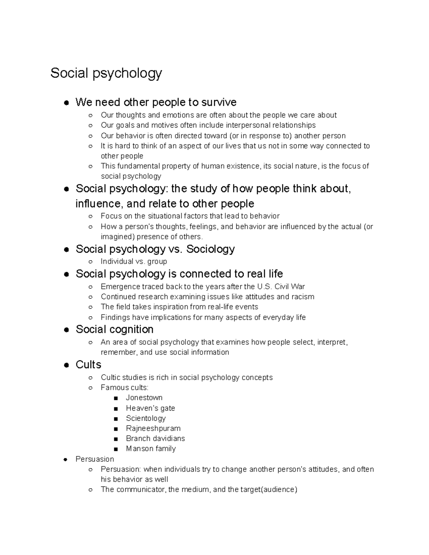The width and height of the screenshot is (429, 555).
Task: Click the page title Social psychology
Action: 106,73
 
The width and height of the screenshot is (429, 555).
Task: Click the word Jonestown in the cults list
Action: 144,398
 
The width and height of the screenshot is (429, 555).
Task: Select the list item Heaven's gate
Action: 150,408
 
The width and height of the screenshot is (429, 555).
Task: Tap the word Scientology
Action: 146,418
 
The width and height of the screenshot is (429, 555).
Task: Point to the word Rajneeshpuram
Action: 153,428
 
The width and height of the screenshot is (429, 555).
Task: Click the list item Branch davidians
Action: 155,438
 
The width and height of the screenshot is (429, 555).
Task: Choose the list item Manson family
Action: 151,449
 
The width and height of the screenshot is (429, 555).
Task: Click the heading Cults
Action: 88,365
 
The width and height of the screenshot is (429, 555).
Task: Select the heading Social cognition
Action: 114,329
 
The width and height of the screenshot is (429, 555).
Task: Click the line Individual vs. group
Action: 134,262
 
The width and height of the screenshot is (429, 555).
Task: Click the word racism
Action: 303,297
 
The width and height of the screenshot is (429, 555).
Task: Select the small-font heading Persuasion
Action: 95,459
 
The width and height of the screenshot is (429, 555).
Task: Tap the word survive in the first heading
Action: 219,103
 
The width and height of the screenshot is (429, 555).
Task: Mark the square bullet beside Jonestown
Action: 115,398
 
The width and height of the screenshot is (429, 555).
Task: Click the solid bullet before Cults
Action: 66,365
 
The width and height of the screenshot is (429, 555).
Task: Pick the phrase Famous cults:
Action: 124,388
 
